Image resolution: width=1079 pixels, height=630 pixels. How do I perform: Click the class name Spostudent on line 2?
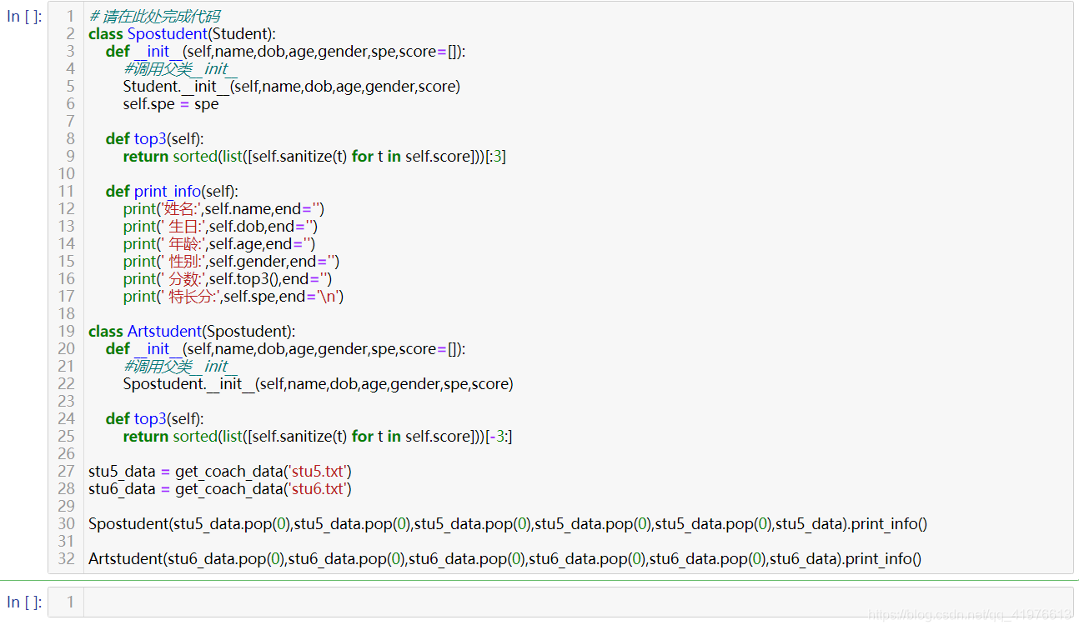(167, 34)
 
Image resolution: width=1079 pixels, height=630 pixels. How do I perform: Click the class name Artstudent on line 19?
(164, 332)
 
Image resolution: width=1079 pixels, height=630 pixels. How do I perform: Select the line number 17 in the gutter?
(67, 297)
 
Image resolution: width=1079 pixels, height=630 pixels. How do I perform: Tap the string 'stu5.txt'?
(319, 472)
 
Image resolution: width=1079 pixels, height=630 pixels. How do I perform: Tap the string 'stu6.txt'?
(319, 489)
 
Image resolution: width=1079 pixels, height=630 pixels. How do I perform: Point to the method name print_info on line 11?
(168, 192)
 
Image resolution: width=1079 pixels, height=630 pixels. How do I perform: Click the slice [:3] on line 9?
(495, 157)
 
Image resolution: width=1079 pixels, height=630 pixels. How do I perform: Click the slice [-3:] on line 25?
(499, 437)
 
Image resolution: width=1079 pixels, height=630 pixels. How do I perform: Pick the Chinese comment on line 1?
(154, 17)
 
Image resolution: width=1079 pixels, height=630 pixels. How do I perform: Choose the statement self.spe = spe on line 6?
(171, 104)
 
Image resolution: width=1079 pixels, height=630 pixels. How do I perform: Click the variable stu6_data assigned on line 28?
(122, 489)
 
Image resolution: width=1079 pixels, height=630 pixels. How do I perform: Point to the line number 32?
(67, 559)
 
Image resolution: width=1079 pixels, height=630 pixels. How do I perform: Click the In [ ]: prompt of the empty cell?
(24, 602)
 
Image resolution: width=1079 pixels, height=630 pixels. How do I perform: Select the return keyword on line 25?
(145, 437)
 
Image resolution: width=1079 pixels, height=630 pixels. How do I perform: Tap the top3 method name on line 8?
(150, 139)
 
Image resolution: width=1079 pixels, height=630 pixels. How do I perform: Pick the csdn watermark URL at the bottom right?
(970, 615)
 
